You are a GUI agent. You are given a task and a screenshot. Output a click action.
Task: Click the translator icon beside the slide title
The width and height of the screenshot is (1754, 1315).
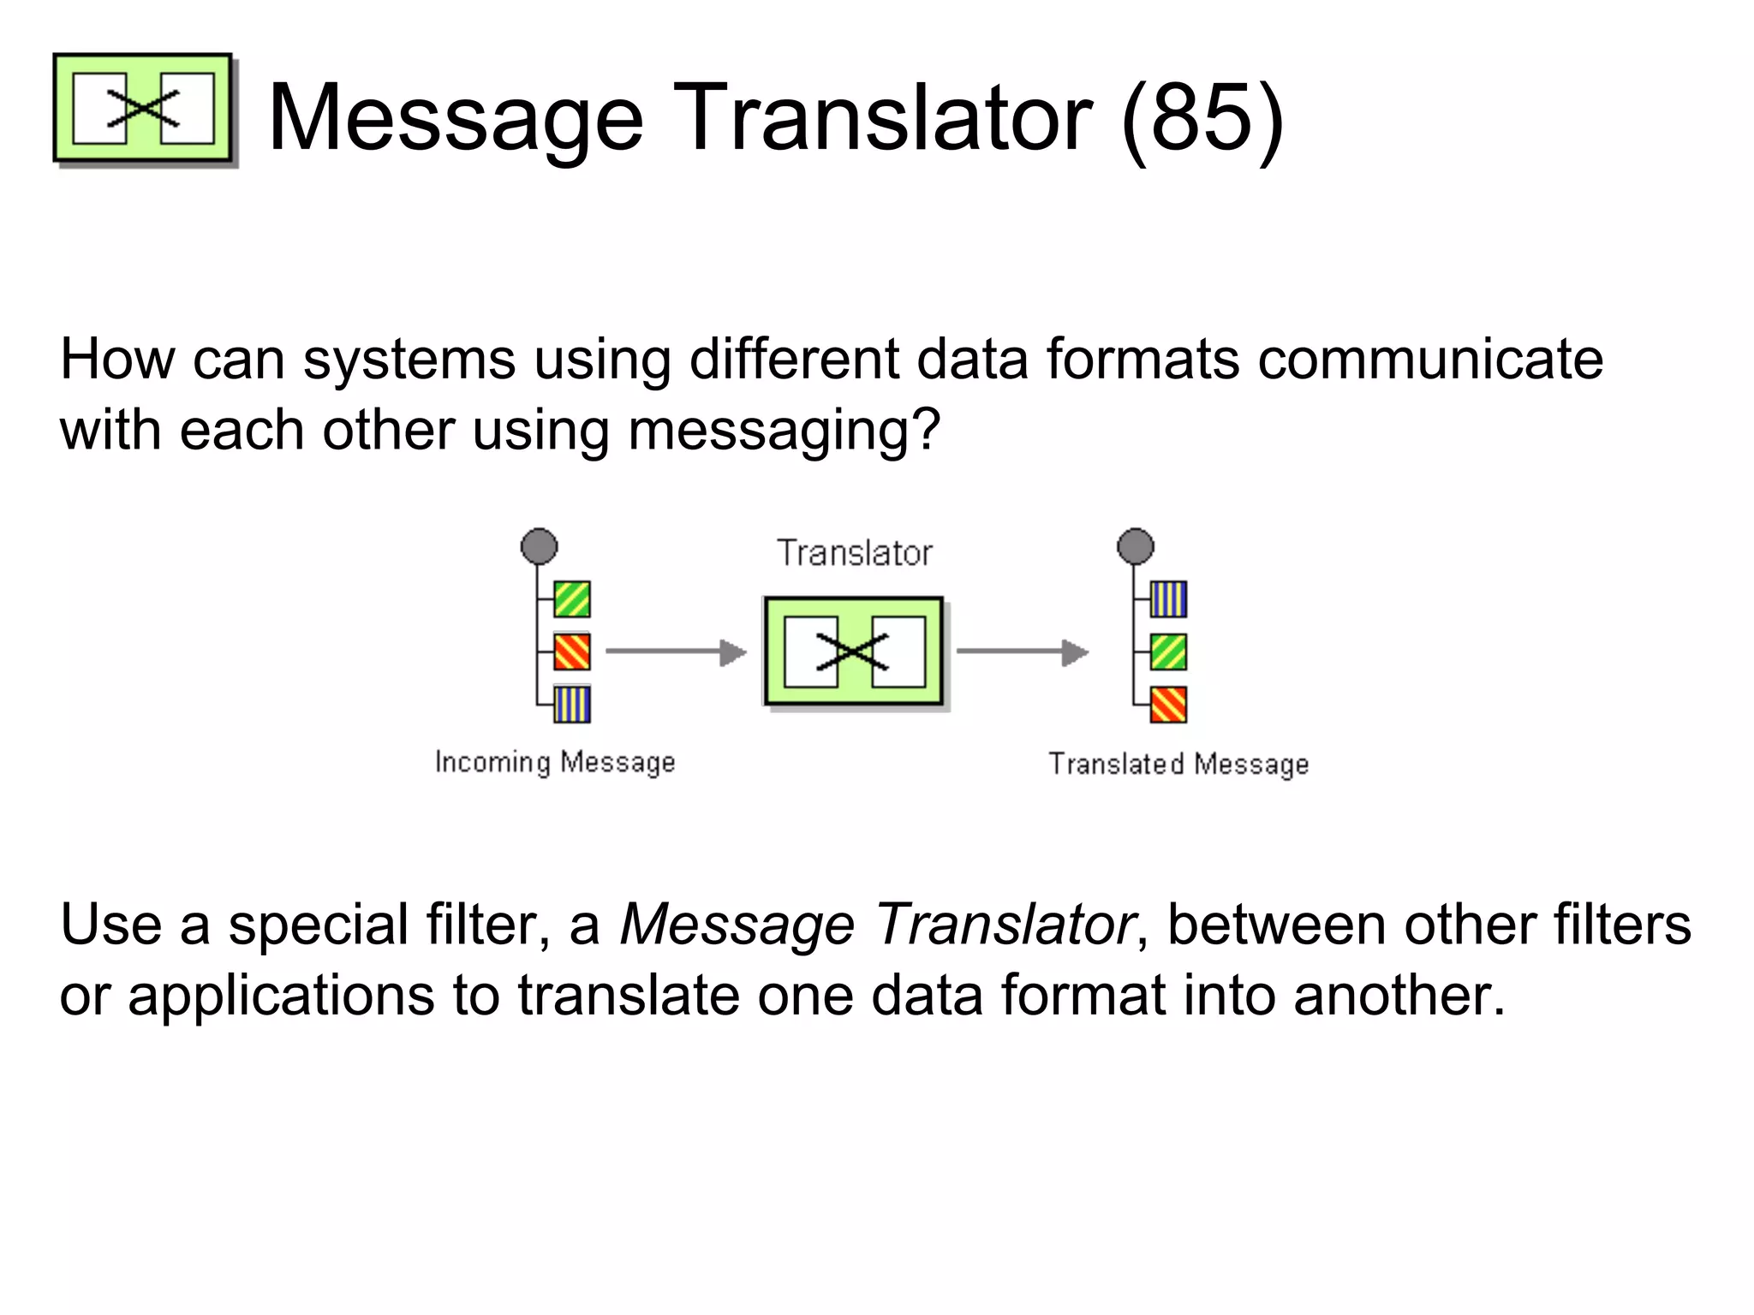click(143, 109)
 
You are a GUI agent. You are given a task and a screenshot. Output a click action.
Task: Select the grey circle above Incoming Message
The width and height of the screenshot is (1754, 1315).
click(539, 546)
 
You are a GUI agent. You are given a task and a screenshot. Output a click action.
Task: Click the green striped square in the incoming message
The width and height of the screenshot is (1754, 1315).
click(571, 599)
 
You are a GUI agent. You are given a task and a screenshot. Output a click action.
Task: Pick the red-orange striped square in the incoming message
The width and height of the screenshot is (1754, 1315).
click(571, 652)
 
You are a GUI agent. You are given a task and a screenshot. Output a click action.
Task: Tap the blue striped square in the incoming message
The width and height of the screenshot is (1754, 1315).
click(571, 705)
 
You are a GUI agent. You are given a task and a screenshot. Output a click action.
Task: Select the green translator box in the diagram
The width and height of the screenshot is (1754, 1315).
click(854, 652)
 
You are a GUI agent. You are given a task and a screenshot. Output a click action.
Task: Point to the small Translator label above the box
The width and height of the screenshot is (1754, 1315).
click(854, 553)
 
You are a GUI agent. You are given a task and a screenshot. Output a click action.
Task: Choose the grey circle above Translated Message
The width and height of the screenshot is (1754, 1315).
click(1136, 546)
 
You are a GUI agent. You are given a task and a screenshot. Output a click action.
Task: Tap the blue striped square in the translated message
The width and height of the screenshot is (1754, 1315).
click(1168, 599)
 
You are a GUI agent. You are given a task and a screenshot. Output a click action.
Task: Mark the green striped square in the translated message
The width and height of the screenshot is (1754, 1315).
click(1168, 652)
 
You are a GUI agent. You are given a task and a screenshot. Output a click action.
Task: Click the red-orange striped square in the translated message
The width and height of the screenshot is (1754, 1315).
click(1168, 705)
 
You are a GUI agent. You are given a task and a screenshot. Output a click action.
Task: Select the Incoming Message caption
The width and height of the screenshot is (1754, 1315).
click(555, 762)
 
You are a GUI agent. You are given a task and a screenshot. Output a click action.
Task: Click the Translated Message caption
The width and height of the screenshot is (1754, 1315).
click(1178, 764)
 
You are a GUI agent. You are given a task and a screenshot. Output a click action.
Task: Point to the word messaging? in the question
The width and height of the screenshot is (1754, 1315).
click(784, 431)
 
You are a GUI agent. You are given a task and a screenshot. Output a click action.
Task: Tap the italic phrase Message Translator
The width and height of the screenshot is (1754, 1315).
click(877, 925)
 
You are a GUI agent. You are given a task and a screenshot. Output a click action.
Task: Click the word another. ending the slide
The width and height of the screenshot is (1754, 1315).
click(1398, 996)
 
